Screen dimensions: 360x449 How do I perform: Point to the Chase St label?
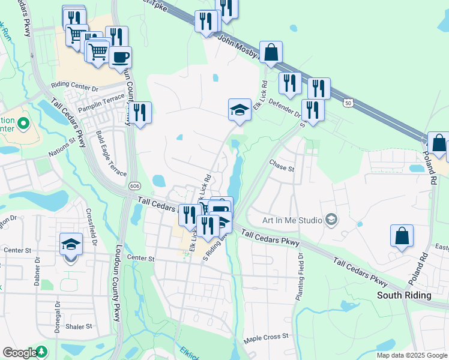tap(282, 165)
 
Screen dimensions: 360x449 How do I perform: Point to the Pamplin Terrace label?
tap(104, 100)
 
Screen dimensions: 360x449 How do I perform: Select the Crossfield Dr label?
tap(92, 223)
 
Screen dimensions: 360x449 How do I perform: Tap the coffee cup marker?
tap(121, 58)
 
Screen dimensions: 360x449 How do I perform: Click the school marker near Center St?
tap(71, 245)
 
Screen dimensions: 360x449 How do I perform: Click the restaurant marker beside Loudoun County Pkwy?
tap(140, 112)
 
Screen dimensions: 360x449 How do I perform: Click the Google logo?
tap(20, 353)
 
